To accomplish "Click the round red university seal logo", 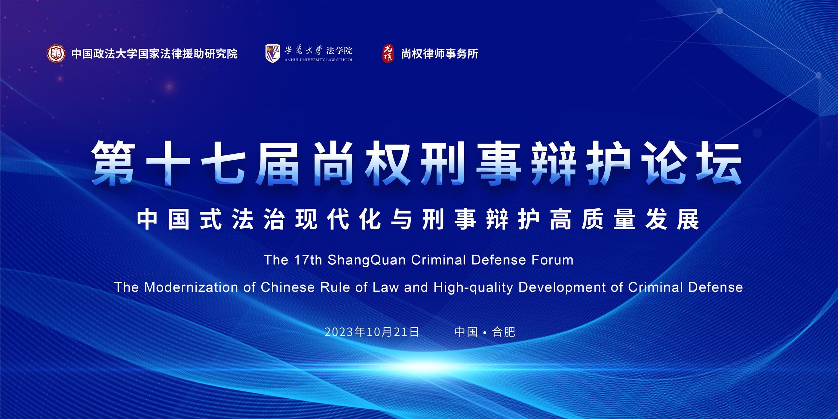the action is (x=56, y=53).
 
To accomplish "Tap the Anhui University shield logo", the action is (x=273, y=53).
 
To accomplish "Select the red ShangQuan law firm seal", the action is (x=388, y=53).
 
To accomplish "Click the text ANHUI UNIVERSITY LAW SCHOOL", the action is (x=319, y=60).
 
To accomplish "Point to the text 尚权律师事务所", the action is (x=440, y=54).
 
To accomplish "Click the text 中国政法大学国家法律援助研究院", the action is (x=155, y=54).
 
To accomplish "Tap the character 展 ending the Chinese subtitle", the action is (x=688, y=219).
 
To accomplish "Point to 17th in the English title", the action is (x=308, y=260).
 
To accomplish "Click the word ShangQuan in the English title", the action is (x=367, y=260).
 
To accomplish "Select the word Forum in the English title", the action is (x=552, y=260).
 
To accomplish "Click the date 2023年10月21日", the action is (x=372, y=332).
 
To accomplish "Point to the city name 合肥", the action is (x=504, y=332).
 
